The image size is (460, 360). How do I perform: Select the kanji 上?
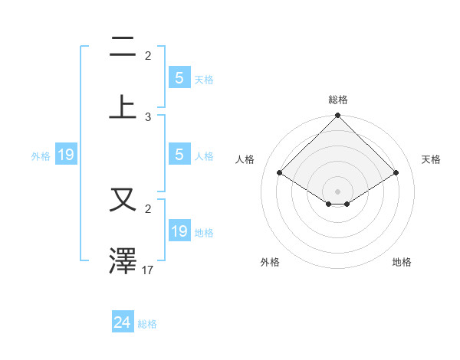[x=123, y=106]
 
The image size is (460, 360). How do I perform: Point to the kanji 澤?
[x=123, y=260]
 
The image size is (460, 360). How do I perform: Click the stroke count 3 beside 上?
[x=148, y=117]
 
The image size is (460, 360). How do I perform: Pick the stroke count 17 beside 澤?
[x=148, y=270]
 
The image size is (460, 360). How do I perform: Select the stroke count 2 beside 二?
[x=148, y=56]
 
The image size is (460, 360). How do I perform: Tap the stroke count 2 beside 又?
[x=148, y=208]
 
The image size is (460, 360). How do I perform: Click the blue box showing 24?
[x=123, y=322]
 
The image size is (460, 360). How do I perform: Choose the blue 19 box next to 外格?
[x=66, y=155]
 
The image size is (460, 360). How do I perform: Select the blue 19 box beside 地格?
[x=179, y=231]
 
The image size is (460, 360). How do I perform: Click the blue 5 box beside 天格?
[x=179, y=78]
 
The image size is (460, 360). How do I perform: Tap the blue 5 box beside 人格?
[x=179, y=155]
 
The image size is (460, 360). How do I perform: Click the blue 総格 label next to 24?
[x=147, y=324]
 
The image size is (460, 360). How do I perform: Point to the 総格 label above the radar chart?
[x=338, y=100]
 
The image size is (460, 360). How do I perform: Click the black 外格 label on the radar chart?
[x=270, y=262]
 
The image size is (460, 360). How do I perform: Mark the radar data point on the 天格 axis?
[x=396, y=173]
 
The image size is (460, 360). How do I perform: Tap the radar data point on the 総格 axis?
[x=338, y=116]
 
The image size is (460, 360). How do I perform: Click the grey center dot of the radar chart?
[x=338, y=191]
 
